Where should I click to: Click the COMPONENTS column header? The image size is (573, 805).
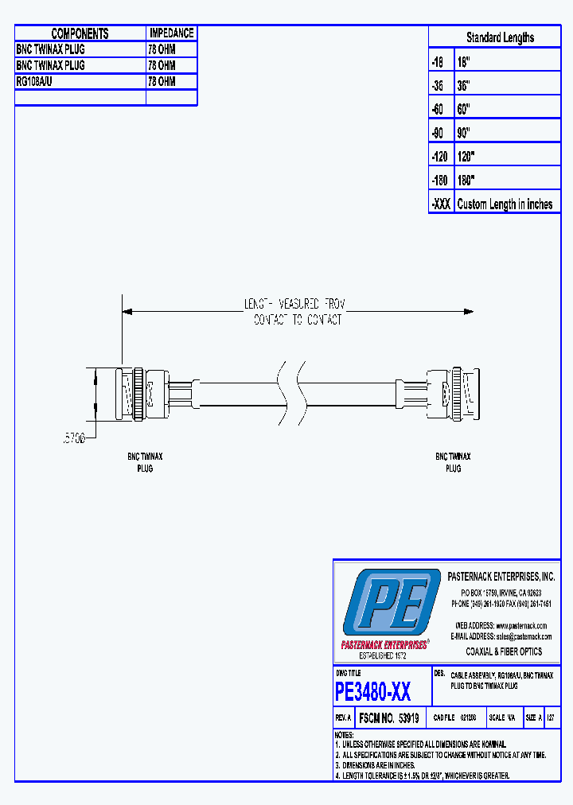pyautogui.click(x=80, y=33)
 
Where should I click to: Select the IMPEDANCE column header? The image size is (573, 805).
pyautogui.click(x=171, y=33)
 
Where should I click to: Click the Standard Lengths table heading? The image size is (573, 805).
pyautogui.click(x=500, y=37)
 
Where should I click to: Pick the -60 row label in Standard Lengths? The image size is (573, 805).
pyautogui.click(x=440, y=108)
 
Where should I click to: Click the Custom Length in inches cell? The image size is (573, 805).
pyautogui.click(x=505, y=204)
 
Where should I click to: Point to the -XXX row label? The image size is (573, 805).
pyautogui.click(x=441, y=204)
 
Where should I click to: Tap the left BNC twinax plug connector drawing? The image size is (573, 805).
pyautogui.click(x=142, y=393)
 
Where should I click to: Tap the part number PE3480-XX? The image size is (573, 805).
pyautogui.click(x=373, y=691)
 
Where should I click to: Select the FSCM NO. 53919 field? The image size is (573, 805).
pyautogui.click(x=390, y=717)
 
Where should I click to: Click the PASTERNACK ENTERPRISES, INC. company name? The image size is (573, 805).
pyautogui.click(x=501, y=577)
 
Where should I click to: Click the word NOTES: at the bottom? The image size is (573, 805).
pyautogui.click(x=344, y=734)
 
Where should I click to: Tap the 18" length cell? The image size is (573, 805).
pyautogui.click(x=464, y=61)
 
